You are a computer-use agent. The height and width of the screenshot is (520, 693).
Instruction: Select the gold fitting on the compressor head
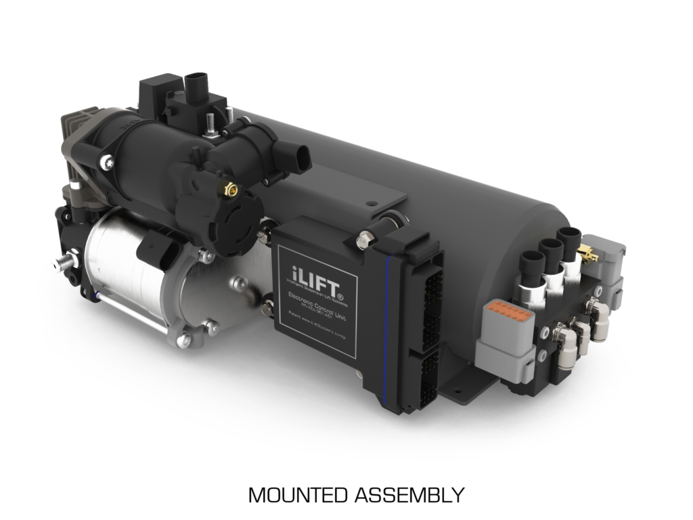coord(228,192)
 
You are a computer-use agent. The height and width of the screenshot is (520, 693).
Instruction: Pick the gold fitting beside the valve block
coord(587,255)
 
